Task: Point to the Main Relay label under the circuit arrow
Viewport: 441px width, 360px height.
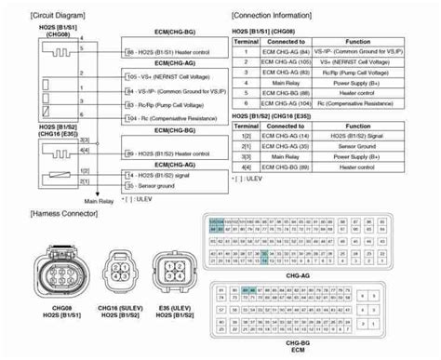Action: (x=100, y=199)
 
